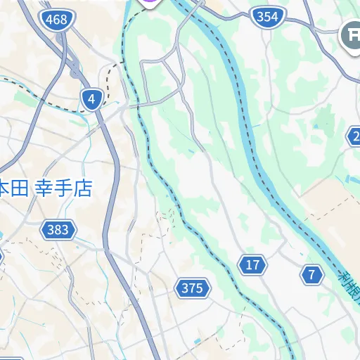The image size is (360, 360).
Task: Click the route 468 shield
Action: (56, 19)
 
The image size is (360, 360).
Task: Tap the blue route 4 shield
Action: (91, 99)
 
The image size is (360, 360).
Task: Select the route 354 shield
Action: (267, 17)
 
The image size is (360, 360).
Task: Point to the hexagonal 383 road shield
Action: (58, 229)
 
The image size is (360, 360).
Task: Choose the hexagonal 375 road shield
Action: (192, 288)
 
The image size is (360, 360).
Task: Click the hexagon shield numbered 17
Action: (253, 265)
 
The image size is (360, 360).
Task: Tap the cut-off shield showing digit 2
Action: (355, 136)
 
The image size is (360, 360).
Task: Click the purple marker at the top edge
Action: (150, 2)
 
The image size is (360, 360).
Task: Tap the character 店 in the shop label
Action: (83, 188)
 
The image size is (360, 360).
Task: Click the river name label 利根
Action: (348, 285)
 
